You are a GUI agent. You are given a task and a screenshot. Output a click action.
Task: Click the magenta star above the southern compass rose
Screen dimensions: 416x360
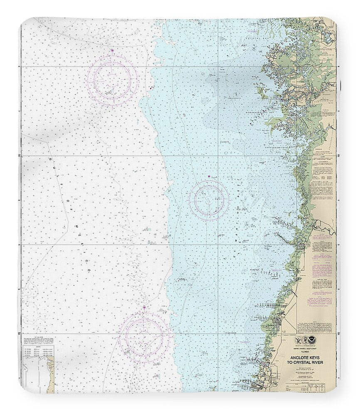click(144, 307)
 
